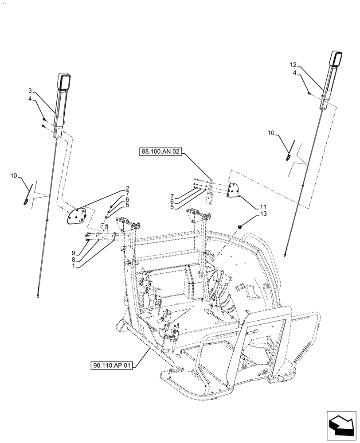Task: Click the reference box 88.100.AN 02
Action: [x=160, y=152]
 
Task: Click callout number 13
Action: [x=263, y=214]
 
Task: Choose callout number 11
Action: [x=263, y=207]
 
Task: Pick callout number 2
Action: [x=127, y=188]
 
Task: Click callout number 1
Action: [x=78, y=266]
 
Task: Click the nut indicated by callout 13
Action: [x=240, y=226]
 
